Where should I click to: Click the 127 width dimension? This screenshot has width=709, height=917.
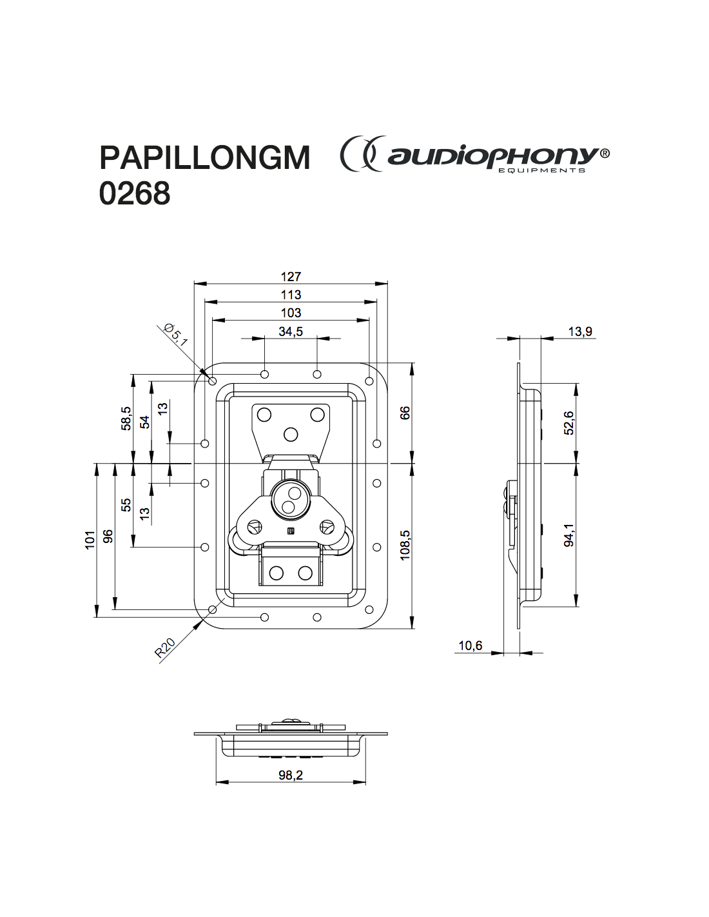pyautogui.click(x=291, y=277)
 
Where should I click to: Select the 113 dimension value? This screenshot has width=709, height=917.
pyautogui.click(x=291, y=295)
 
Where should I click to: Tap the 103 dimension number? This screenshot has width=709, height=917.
pyautogui.click(x=291, y=313)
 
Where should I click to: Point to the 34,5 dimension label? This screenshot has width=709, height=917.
pyautogui.click(x=291, y=331)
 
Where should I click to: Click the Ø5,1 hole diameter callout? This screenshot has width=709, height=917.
pyautogui.click(x=176, y=335)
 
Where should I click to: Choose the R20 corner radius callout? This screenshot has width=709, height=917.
pyautogui.click(x=165, y=648)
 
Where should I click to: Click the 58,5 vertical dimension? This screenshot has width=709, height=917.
pyautogui.click(x=126, y=419)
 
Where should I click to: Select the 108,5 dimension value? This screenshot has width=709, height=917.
pyautogui.click(x=405, y=545)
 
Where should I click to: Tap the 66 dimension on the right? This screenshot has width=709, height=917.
pyautogui.click(x=405, y=413)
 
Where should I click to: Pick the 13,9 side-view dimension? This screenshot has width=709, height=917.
pyautogui.click(x=580, y=331)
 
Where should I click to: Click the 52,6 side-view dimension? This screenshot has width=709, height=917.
pyautogui.click(x=569, y=423)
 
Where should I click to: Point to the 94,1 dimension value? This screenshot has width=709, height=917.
pyautogui.click(x=569, y=535)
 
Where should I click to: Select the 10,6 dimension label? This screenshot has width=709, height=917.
pyautogui.click(x=470, y=646)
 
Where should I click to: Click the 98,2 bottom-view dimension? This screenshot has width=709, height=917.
pyautogui.click(x=291, y=775)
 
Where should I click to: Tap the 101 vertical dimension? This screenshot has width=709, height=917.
pyautogui.click(x=90, y=539)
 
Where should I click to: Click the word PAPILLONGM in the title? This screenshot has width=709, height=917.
pyautogui.click(x=204, y=157)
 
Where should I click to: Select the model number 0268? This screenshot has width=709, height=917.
pyautogui.click(x=135, y=193)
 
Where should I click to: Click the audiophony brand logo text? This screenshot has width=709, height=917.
pyautogui.click(x=493, y=155)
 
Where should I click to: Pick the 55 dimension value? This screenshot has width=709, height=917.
pyautogui.click(x=126, y=504)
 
